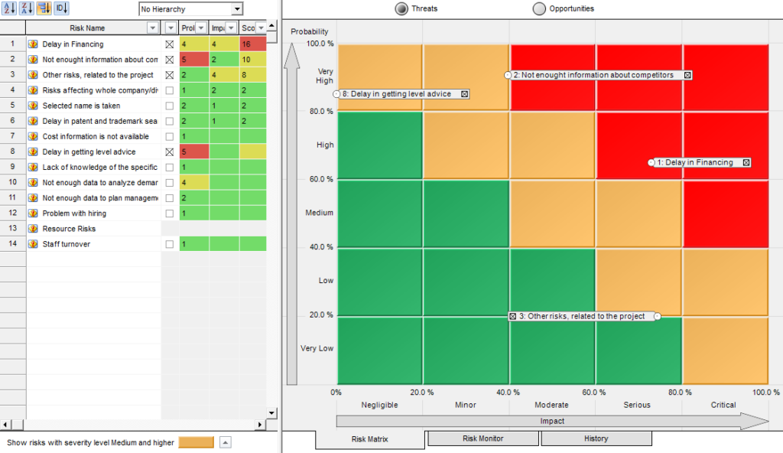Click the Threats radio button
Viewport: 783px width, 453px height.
[x=401, y=9]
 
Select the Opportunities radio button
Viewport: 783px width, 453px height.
[x=540, y=9]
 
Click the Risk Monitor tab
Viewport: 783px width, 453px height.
[x=482, y=438]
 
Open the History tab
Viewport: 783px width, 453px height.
[x=596, y=438]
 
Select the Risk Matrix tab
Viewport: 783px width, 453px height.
[x=369, y=439]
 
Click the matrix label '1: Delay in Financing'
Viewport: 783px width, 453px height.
[x=699, y=162]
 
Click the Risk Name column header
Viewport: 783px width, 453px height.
[x=86, y=28]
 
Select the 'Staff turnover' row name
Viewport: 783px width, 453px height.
[x=66, y=244]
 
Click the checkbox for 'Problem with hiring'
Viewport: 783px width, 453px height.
[x=170, y=213]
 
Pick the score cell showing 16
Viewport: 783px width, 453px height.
[x=252, y=44]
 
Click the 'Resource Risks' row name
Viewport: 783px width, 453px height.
[x=69, y=229]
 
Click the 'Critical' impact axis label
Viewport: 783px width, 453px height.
[x=723, y=405]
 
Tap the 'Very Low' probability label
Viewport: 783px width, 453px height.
[x=317, y=348]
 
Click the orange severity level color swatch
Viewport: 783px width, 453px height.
[x=196, y=442]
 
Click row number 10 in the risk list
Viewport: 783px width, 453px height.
[x=12, y=182]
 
